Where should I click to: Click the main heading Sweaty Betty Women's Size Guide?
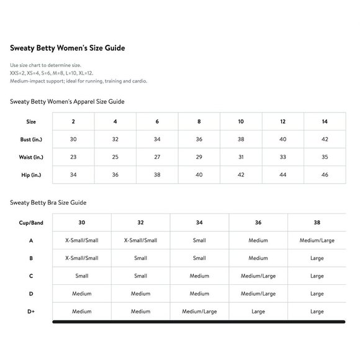[71, 48]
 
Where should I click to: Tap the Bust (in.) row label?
[31, 139]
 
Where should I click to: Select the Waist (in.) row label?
[31, 157]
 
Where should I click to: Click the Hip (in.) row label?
[31, 175]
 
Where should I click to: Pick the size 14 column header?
[325, 121]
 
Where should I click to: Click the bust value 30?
[73, 139]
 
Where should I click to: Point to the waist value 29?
[199, 157]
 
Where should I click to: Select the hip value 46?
[325, 175]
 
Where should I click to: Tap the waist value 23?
[73, 157]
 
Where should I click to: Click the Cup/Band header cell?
[30, 222]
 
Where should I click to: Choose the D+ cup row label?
[30, 312]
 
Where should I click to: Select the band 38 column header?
[317, 222]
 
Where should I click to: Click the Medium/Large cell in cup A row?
[317, 240]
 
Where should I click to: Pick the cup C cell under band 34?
[199, 276]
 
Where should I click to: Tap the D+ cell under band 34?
[199, 312]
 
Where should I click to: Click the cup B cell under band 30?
[81, 258]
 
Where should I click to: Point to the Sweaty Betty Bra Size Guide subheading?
[48, 202]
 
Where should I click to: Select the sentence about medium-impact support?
[78, 81]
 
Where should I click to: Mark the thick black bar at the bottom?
[199, 322]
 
